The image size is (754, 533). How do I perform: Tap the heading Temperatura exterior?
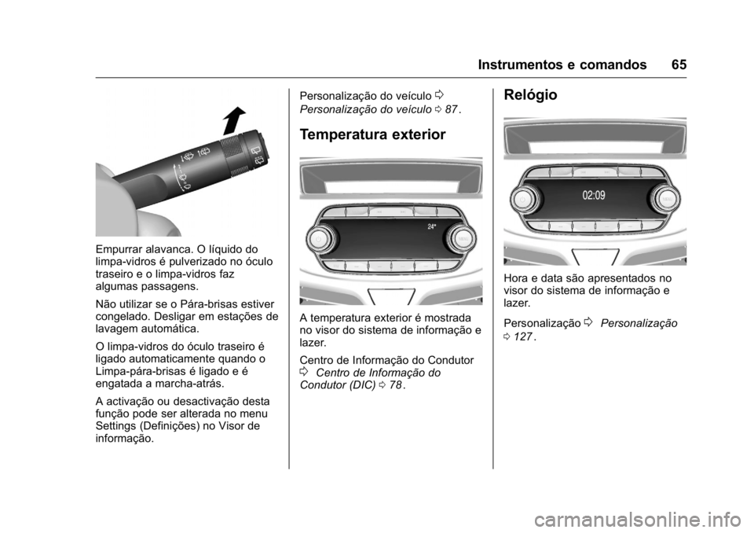tap(361, 134)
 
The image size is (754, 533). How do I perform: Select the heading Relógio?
tap(531, 95)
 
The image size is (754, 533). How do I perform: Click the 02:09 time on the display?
tap(594, 195)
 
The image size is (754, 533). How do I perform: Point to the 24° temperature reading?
tap(431, 226)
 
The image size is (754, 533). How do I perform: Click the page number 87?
tap(451, 108)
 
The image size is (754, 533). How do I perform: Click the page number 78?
tap(395, 384)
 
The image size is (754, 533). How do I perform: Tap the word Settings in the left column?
tap(116, 425)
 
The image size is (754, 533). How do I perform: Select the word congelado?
tap(122, 317)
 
